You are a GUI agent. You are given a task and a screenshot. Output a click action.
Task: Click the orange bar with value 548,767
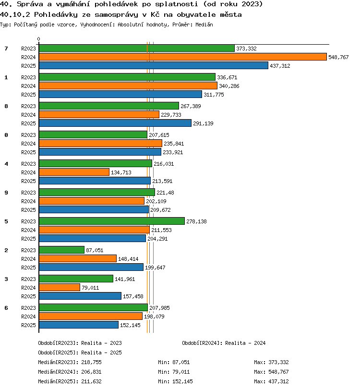coord(183,57)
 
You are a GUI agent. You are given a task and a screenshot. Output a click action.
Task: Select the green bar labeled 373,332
coord(137,48)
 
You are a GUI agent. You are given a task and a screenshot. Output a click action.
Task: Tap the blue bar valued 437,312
coord(154,65)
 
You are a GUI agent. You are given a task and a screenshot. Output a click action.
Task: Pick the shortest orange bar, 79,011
coord(60,287)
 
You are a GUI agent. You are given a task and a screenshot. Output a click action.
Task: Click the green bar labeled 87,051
coord(61,250)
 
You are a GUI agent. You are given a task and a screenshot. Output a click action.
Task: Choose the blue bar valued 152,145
coord(79,325)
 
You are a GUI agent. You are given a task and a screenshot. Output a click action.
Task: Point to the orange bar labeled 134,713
coord(74,172)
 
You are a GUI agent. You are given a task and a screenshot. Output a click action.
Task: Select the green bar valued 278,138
coord(112,221)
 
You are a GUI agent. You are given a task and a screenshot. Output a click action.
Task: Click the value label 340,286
coord(229,86)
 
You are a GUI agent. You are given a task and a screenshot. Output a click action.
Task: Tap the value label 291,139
coord(203,123)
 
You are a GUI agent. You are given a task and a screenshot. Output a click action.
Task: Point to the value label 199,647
coord(155,268)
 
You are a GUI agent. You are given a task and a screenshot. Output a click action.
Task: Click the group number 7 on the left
coord(6,49)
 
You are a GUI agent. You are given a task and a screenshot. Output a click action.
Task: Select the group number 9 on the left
coord(6,193)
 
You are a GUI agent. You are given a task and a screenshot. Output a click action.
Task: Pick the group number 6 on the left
coord(6,308)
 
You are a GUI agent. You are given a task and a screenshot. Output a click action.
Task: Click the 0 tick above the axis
coord(38,39)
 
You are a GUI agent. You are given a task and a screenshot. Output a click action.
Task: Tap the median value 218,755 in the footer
coord(91,363)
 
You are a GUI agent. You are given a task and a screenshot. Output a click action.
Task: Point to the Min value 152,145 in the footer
coord(182,381)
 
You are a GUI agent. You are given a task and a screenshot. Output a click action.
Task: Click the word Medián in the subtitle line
coord(204,24)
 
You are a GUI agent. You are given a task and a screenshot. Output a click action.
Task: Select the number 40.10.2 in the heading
coord(15,15)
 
